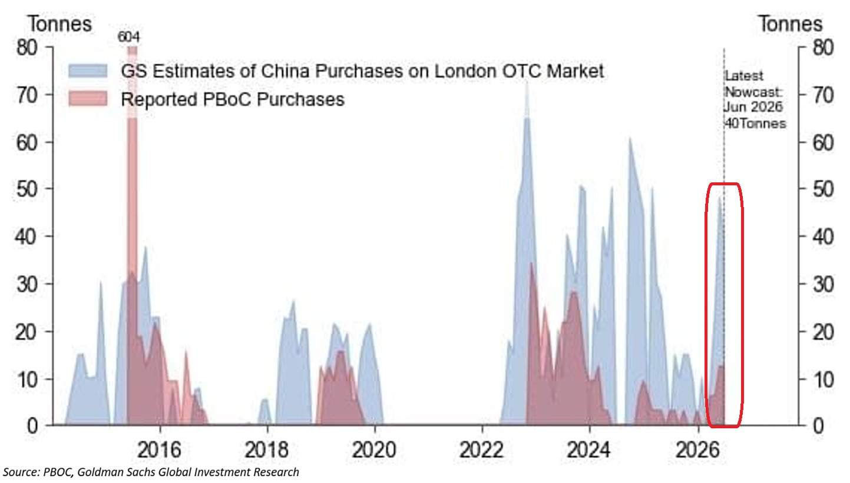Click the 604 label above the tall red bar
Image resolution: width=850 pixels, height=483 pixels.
128,37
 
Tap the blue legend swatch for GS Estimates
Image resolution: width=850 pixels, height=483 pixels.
88,71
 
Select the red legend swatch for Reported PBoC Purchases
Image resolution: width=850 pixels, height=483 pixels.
88,99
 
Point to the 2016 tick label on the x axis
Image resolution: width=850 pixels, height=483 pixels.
159,451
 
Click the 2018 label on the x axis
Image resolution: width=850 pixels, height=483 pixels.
267,451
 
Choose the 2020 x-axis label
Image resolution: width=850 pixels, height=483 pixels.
374,451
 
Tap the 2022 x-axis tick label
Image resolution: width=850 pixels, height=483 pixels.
481,451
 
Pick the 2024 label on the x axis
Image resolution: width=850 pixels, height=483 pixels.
589,451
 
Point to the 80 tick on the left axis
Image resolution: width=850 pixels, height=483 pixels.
27,48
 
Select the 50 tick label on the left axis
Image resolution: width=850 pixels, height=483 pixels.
27,189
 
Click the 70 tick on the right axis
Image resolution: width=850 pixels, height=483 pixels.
823,95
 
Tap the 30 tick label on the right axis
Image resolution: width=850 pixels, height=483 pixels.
823,284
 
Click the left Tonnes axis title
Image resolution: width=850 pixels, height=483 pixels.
60,24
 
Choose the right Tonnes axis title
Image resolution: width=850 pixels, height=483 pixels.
791,24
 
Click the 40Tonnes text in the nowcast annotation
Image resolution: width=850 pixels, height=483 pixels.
755,124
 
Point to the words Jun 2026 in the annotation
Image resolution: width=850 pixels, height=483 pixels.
753,107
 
